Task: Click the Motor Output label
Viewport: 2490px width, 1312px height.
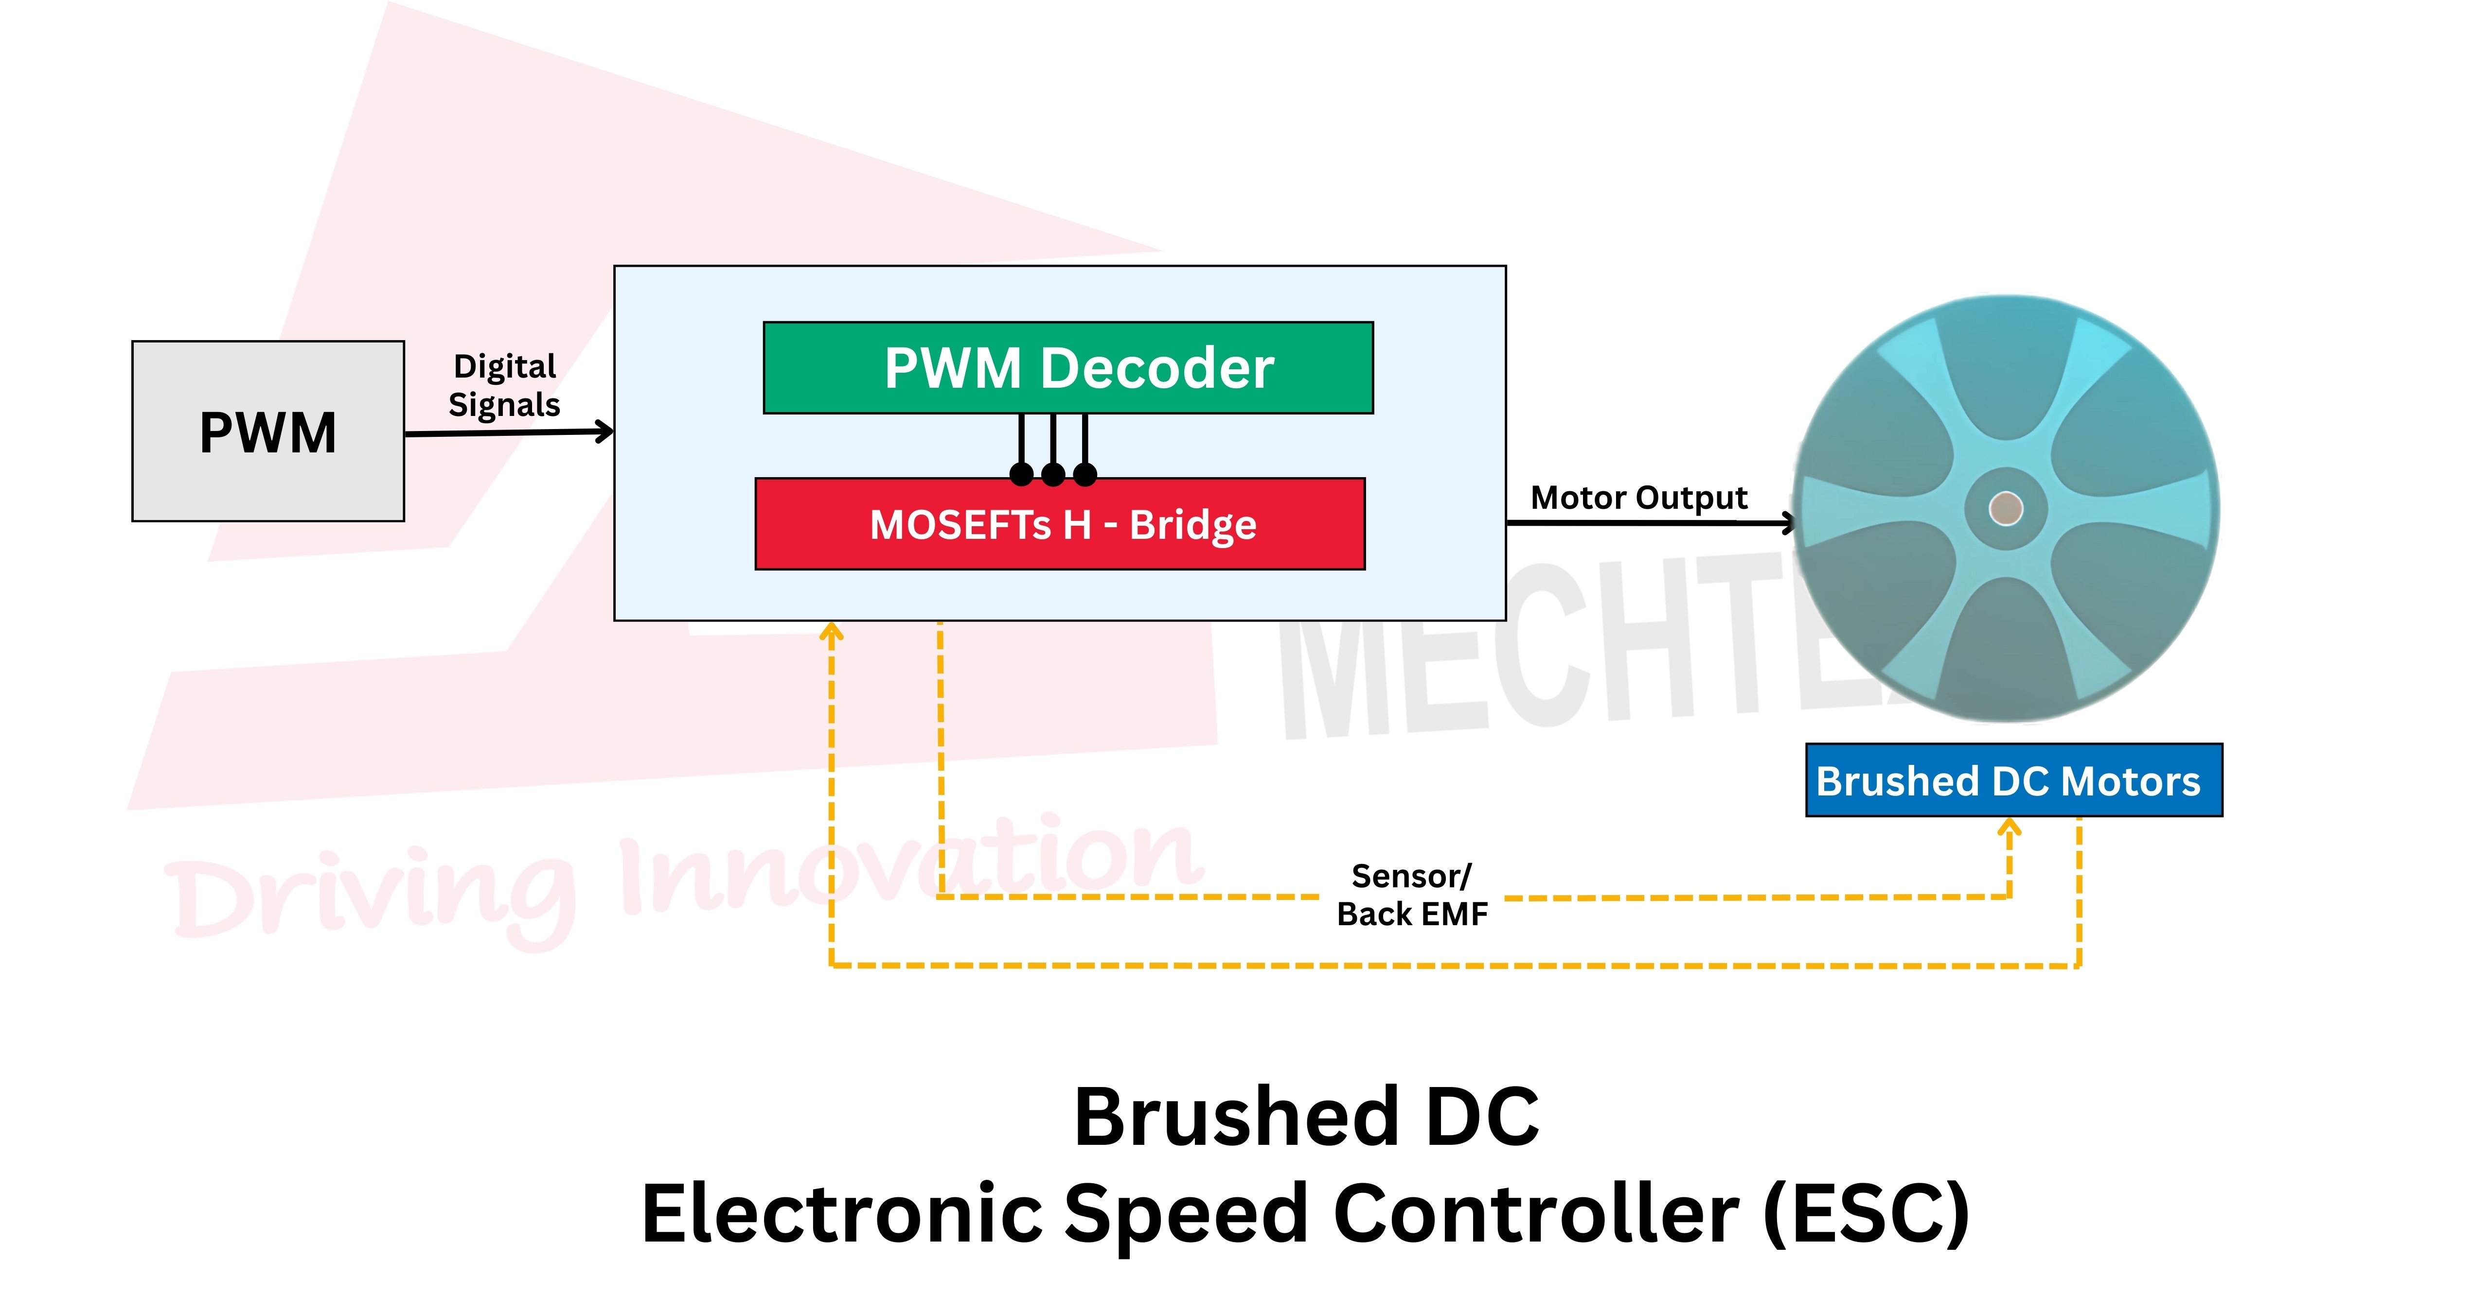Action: [1638, 498]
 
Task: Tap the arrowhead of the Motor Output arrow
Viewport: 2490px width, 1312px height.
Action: [1789, 524]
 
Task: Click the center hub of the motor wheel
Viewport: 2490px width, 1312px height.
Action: [2006, 508]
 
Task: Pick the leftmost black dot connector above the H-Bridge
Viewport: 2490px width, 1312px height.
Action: [1021, 473]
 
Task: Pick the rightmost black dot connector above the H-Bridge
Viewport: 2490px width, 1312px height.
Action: [1085, 473]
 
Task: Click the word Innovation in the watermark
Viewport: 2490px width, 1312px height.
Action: [908, 869]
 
